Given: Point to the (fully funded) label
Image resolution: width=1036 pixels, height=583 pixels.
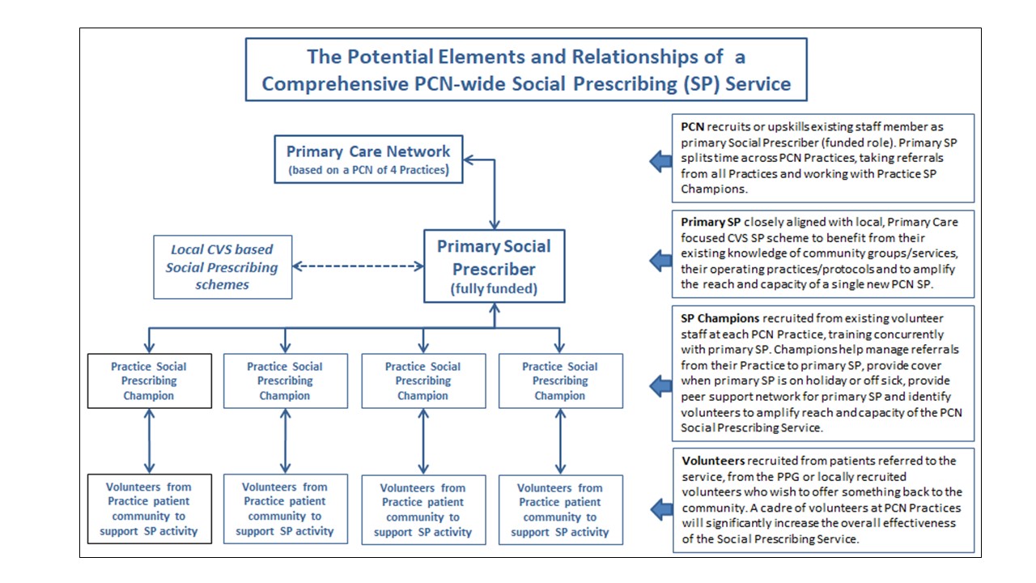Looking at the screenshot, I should pos(495,288).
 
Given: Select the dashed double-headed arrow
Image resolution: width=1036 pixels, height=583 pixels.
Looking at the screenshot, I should pos(359,266).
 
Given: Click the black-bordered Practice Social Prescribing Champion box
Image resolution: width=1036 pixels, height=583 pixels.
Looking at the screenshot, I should pos(149,381).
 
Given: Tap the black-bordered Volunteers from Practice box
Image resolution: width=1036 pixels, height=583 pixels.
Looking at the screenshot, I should pos(149,509).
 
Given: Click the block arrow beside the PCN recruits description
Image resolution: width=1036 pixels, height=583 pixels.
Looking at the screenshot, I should pos(660,161).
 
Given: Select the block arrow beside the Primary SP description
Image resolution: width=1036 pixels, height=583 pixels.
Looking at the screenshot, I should pos(660,259).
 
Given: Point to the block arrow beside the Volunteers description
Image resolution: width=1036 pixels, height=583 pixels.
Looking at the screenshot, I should pos(660,508).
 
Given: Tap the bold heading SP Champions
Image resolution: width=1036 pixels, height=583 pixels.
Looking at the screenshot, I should pos(720,318).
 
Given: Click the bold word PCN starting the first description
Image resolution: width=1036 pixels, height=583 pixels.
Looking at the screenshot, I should pos(692,127).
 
